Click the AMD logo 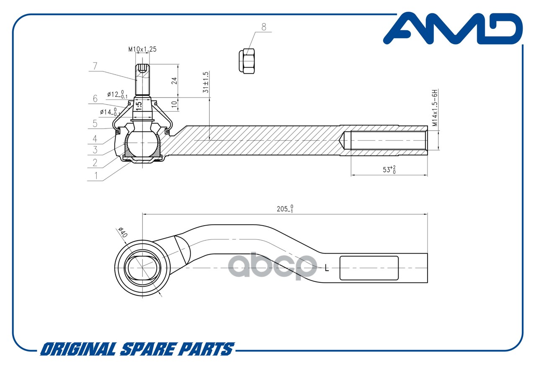coord(453,28)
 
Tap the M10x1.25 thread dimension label coord(142,49)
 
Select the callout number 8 coord(264,27)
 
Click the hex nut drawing coord(247,61)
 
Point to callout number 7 coord(95,66)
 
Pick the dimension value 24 coord(175,81)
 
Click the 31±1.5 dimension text coord(206,82)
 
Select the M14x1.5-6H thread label coord(435,108)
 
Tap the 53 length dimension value coord(389,170)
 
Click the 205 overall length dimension coord(285,208)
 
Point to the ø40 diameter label coord(123,232)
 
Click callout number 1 coord(96,175)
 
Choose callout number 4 coord(95,139)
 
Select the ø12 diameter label coord(117,94)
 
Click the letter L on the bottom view coord(327,268)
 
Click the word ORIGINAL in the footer coord(78,349)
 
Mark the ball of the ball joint coord(142,143)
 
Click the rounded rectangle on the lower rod coord(369,268)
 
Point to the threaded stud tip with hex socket coord(143,68)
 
